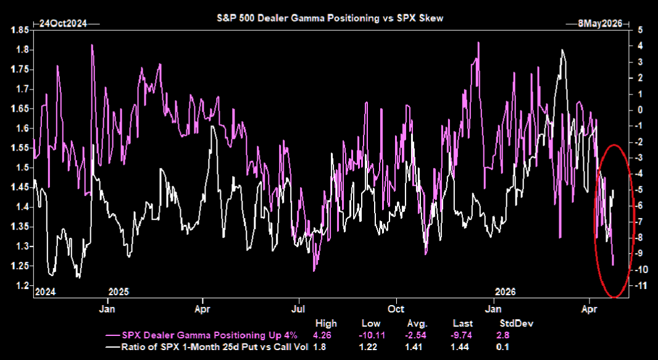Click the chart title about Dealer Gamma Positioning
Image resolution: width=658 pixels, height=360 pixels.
(x=329, y=19)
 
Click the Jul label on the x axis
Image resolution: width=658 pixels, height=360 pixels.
(x=299, y=308)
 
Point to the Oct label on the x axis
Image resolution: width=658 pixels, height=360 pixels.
(x=396, y=308)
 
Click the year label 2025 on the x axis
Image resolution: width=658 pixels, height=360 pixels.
(x=119, y=291)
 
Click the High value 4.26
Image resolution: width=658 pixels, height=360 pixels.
(x=325, y=335)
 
